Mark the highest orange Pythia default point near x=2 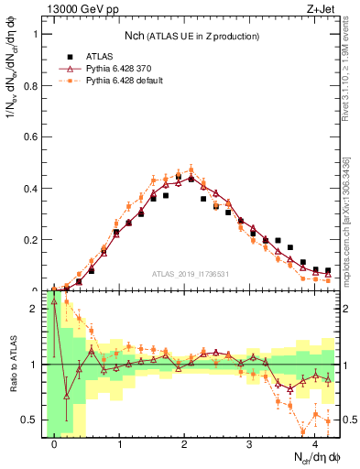(191, 169)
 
